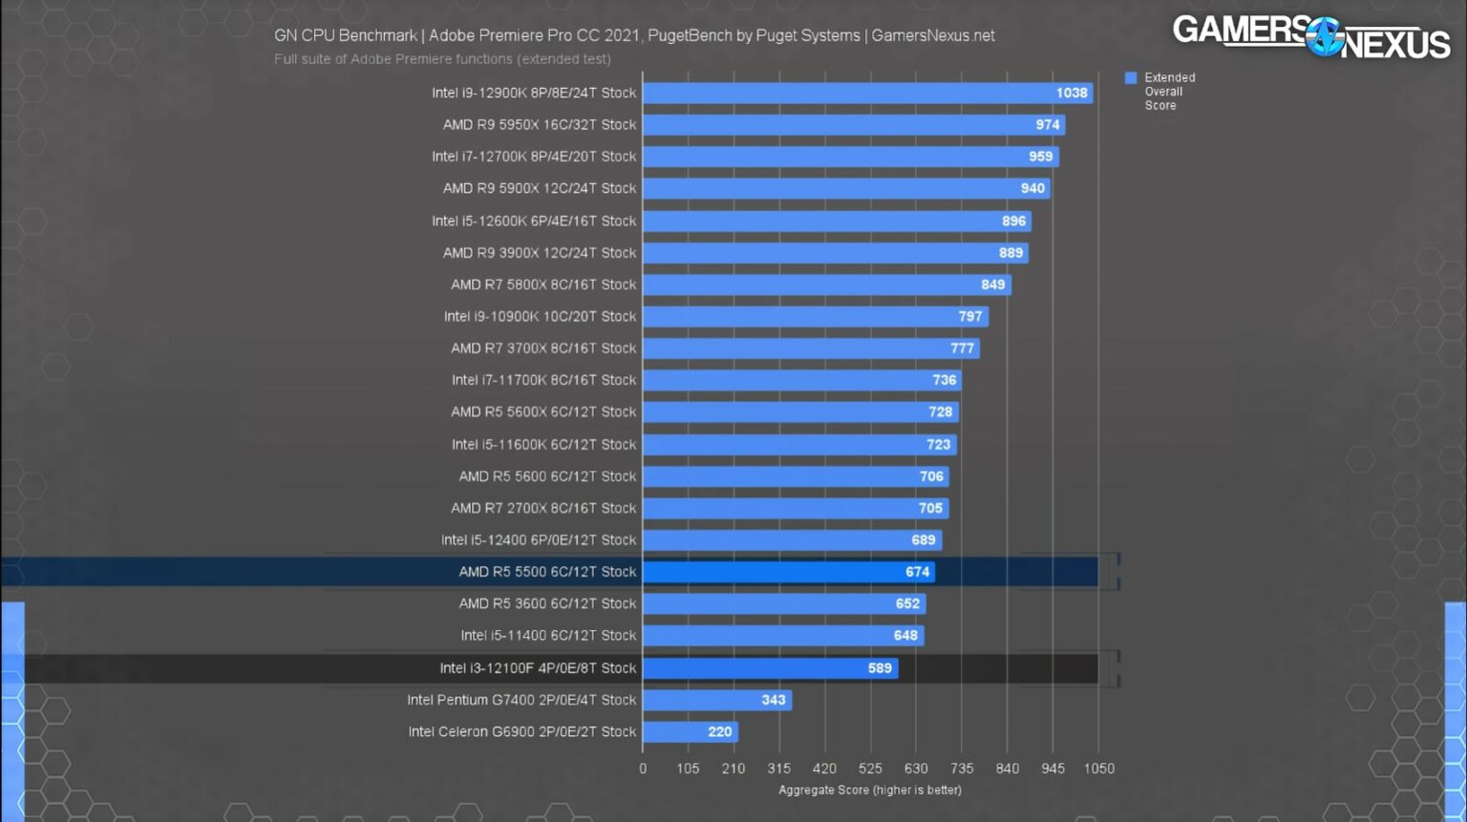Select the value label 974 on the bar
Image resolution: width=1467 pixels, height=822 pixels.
pyautogui.click(x=1047, y=125)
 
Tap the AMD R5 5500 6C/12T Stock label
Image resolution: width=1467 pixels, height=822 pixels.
pyautogui.click(x=547, y=572)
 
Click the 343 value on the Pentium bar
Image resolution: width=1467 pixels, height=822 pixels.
pyautogui.click(x=774, y=700)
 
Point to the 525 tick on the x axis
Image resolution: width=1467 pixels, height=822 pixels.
pyautogui.click(x=870, y=769)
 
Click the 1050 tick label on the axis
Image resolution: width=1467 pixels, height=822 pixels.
pyautogui.click(x=1099, y=769)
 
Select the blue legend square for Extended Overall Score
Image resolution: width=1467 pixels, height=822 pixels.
pyautogui.click(x=1131, y=78)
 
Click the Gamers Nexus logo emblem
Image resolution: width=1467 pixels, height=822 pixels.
pyautogui.click(x=1326, y=36)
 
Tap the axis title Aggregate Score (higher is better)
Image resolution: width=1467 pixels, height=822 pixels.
pyautogui.click(x=869, y=790)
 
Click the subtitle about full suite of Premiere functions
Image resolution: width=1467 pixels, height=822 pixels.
pyautogui.click(x=442, y=59)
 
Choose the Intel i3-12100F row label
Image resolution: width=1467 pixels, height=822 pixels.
pyautogui.click(x=538, y=668)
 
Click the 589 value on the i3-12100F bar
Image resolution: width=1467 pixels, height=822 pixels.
pyautogui.click(x=880, y=668)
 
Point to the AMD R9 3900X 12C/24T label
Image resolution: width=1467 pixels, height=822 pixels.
pyautogui.click(x=539, y=253)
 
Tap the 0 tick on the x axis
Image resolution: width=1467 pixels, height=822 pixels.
pyautogui.click(x=643, y=769)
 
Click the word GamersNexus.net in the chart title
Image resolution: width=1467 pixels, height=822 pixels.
pyautogui.click(x=933, y=36)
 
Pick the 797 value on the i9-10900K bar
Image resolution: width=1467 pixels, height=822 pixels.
pyautogui.click(x=969, y=317)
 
